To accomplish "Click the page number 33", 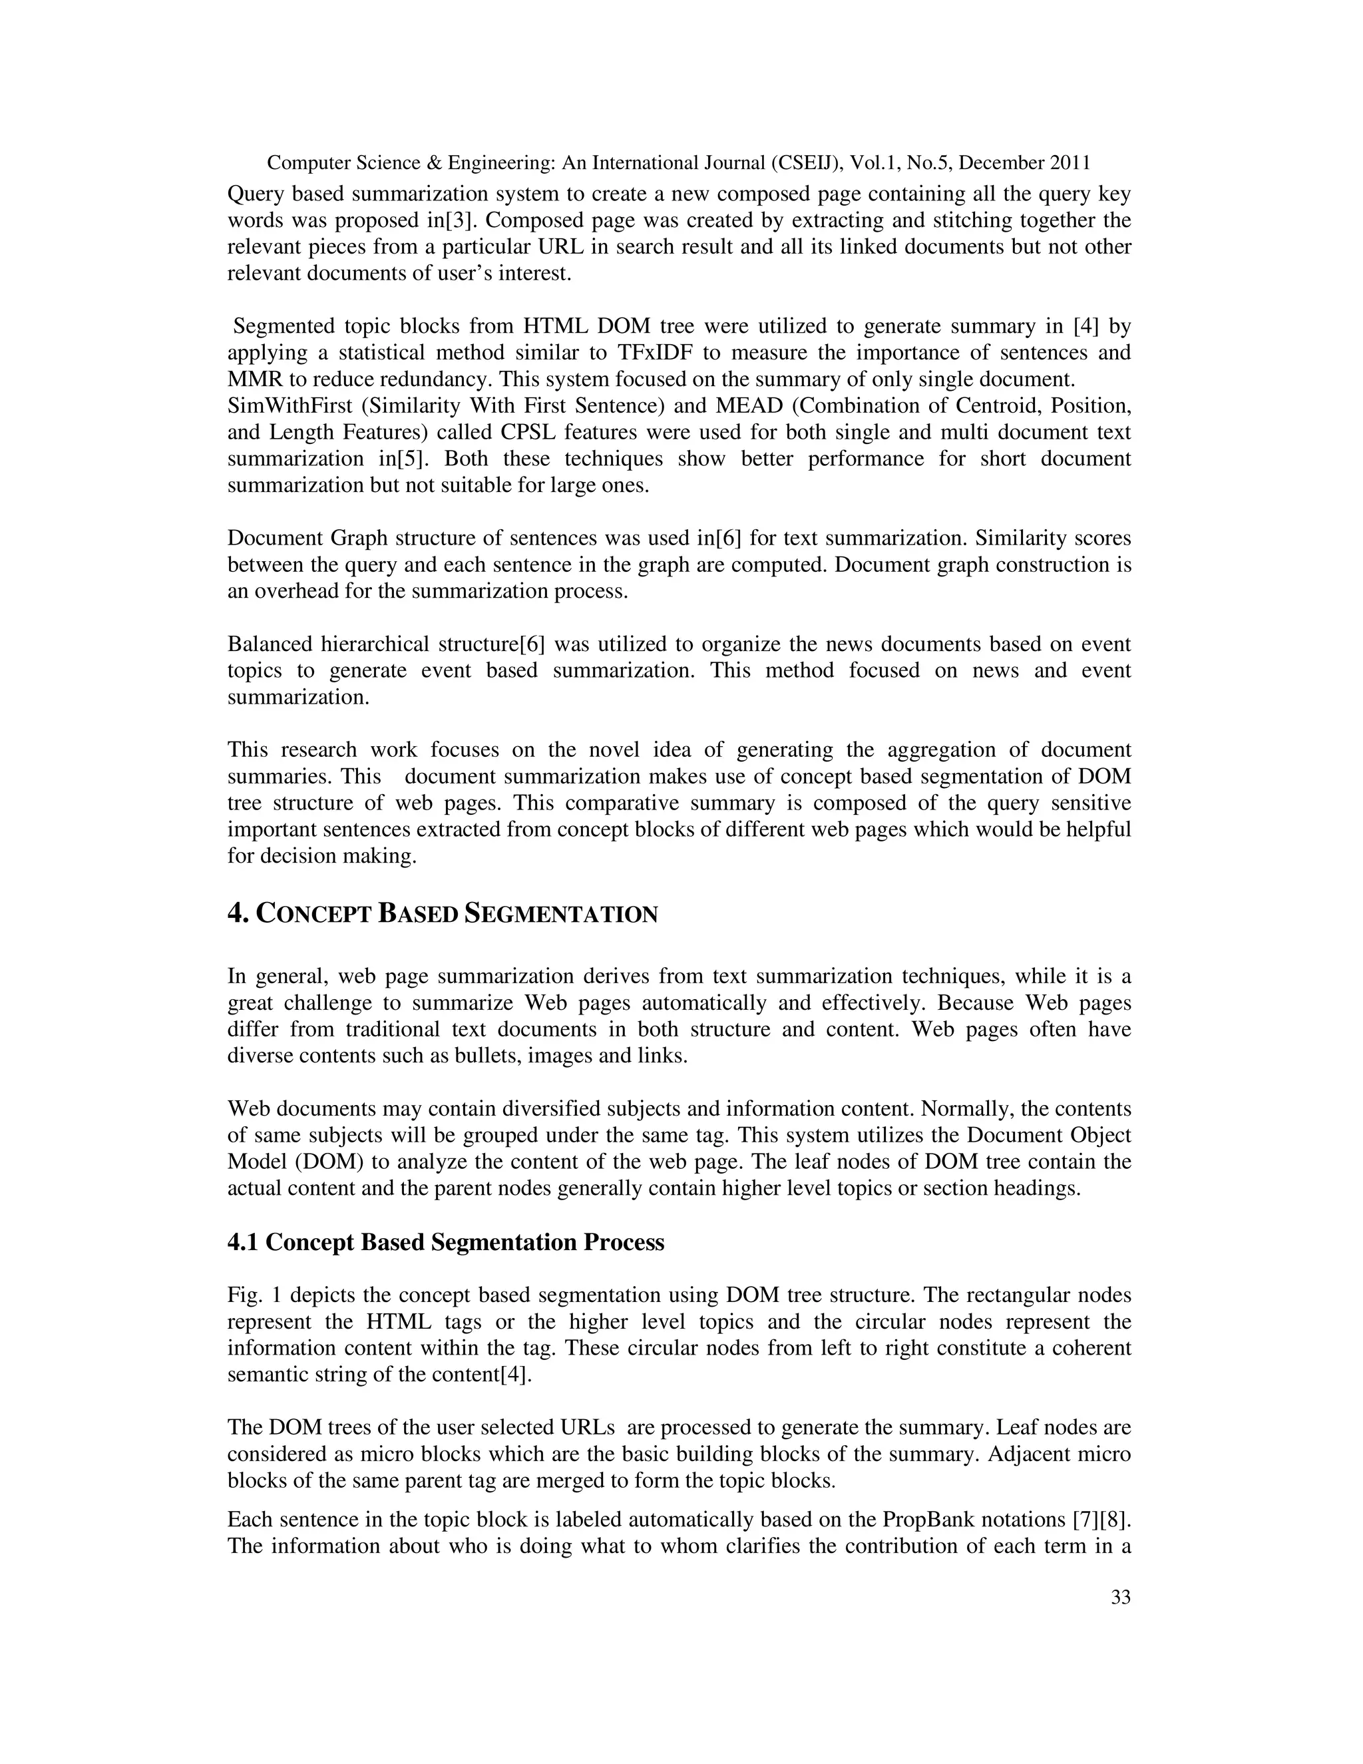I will pyautogui.click(x=1121, y=1597).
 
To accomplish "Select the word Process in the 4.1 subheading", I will pyautogui.click(x=624, y=1242).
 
